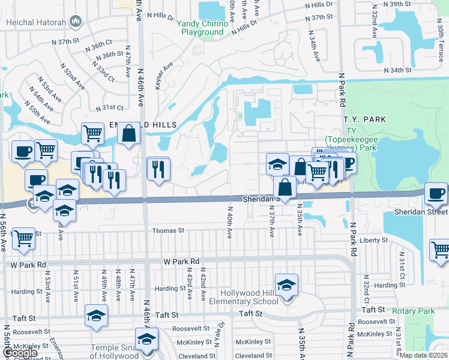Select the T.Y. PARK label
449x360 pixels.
pyautogui.click(x=365, y=119)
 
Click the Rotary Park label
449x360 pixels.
pyautogui.click(x=412, y=311)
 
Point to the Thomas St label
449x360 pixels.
pyautogui.click(x=168, y=230)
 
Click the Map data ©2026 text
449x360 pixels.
pyautogui.click(x=424, y=355)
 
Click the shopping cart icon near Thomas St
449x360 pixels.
pyautogui.click(x=23, y=238)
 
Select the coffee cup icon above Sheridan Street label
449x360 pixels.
pyautogui.click(x=436, y=193)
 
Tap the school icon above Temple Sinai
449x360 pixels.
pyautogui.click(x=146, y=339)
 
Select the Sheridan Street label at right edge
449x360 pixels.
pyautogui.click(x=421, y=212)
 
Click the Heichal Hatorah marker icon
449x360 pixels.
pyautogui.click(x=76, y=23)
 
